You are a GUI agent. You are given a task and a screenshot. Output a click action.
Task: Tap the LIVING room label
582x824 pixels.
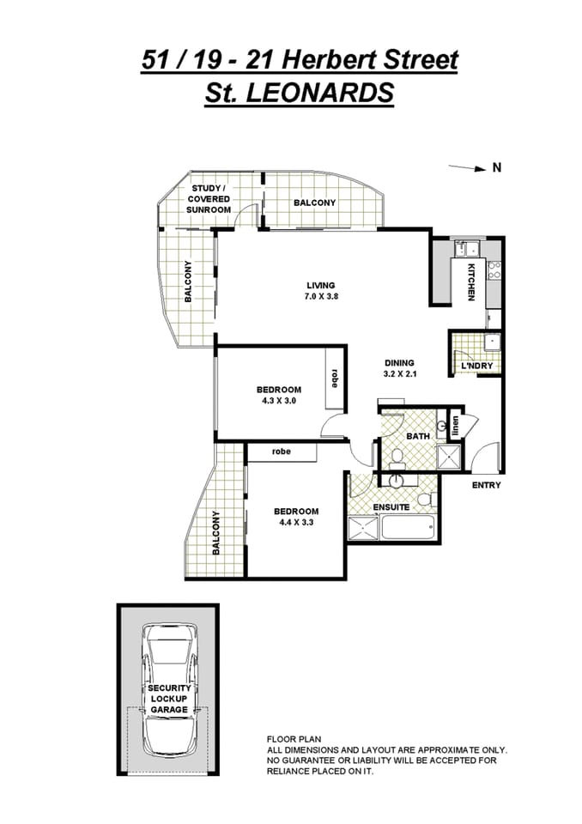click(321, 286)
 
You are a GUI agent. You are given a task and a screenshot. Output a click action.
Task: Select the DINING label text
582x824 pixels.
click(399, 362)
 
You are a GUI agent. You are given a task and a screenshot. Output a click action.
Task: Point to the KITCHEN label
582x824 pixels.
click(471, 282)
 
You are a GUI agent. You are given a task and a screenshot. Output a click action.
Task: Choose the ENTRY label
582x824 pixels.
click(486, 486)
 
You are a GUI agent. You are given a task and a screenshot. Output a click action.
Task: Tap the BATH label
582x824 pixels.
click(418, 437)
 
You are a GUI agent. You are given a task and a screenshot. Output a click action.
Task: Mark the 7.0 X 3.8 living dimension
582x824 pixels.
click(321, 296)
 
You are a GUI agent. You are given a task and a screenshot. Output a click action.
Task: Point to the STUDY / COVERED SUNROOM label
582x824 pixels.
click(209, 198)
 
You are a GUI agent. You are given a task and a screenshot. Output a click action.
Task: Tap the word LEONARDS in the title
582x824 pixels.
click(319, 93)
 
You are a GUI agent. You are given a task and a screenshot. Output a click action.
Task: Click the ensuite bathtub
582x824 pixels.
click(409, 526)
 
